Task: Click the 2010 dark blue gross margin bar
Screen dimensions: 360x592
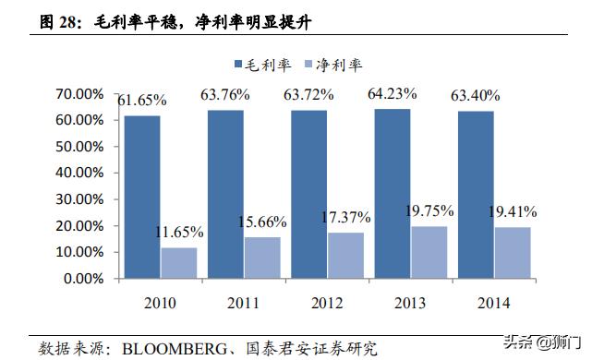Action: tap(142, 197)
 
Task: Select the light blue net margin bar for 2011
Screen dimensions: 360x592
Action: tap(262, 258)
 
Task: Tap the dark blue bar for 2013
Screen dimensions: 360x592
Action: tap(392, 193)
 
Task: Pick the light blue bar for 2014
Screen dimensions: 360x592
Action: tap(512, 252)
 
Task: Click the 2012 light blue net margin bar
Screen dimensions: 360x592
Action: tap(345, 255)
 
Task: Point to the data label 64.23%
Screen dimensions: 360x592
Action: tap(393, 93)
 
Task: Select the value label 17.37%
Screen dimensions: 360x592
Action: tap(345, 218)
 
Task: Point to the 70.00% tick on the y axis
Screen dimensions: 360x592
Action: tap(80, 94)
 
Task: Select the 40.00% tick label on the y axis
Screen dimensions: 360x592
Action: tap(80, 173)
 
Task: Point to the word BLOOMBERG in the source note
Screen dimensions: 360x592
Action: tap(166, 348)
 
